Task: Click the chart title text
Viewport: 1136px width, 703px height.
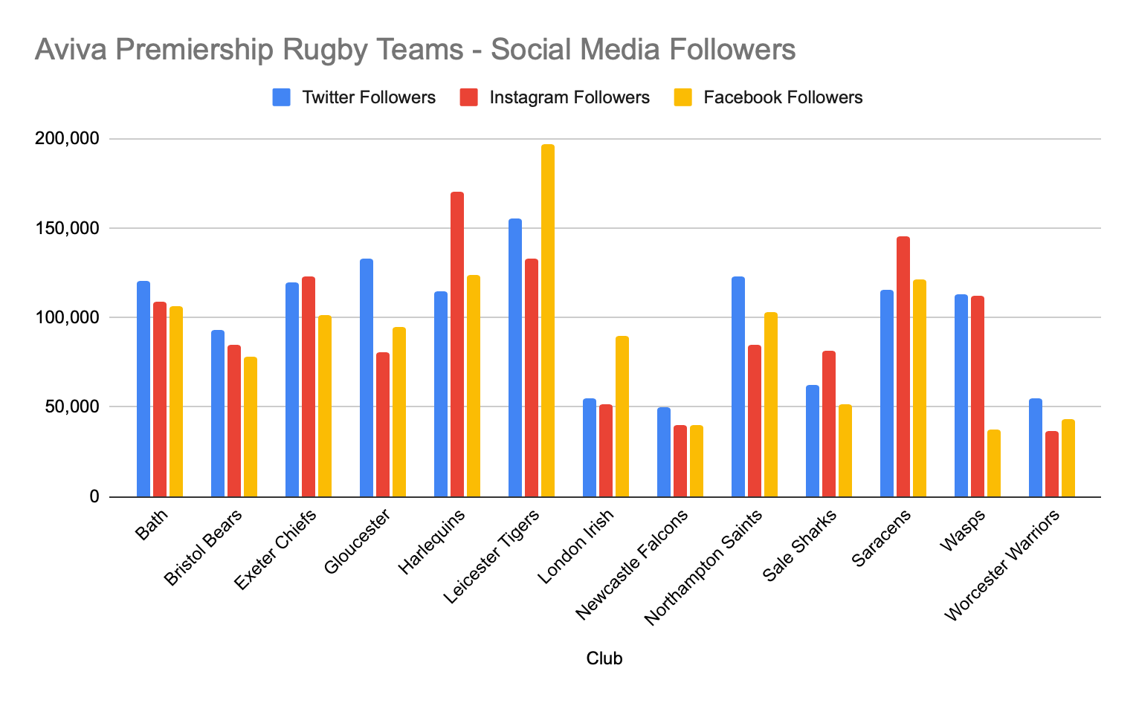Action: click(x=415, y=51)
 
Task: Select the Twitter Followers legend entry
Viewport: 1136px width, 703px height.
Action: click(x=354, y=97)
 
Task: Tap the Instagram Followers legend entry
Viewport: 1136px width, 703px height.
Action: click(x=555, y=97)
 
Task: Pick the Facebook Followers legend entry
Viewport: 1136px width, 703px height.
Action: click(x=768, y=97)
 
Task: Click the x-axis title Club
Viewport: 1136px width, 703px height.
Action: click(x=604, y=658)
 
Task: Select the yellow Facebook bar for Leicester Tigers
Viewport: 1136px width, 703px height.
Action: click(x=548, y=320)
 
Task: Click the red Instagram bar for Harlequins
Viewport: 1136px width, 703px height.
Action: click(x=457, y=344)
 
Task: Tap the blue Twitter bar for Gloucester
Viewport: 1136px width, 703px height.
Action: click(x=367, y=378)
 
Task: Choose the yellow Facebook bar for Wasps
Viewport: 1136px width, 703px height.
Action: click(x=994, y=463)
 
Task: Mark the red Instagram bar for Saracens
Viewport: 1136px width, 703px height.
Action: click(x=903, y=366)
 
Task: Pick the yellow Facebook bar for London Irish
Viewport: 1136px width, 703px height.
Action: click(x=622, y=416)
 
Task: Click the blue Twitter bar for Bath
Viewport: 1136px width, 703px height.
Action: click(x=143, y=389)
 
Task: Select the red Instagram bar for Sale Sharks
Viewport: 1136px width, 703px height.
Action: click(x=829, y=424)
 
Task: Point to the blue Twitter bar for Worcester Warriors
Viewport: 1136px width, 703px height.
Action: click(x=1036, y=447)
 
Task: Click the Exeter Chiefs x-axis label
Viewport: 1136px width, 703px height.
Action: click(x=277, y=549)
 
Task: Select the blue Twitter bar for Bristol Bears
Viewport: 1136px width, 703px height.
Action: click(x=218, y=413)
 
